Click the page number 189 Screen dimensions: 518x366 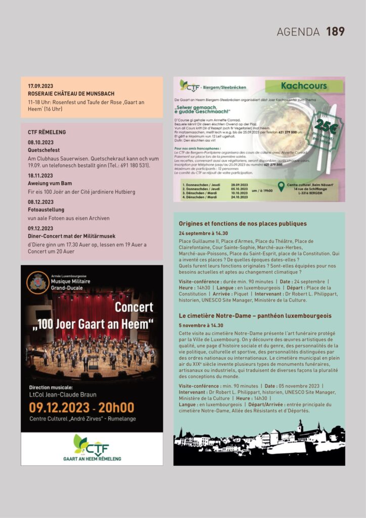pyautogui.click(x=335, y=31)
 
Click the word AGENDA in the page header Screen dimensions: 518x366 pyautogui.click(x=298, y=32)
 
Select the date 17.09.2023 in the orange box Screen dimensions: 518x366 pyautogui.click(x=40, y=86)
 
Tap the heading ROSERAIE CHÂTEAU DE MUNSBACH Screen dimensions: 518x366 pyautogui.click(x=71, y=94)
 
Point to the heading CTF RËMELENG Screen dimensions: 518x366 pyautogui.click(x=47, y=132)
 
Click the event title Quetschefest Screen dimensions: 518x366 pyautogui.click(x=43, y=150)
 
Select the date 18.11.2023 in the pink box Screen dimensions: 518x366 pyautogui.click(x=40, y=176)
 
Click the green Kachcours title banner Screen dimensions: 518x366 pyautogui.click(x=304, y=86)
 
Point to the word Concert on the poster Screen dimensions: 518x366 pyautogui.click(x=134, y=307)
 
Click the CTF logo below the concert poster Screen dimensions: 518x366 pyautogui.click(x=91, y=446)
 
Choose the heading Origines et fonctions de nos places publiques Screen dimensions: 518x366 pyautogui.click(x=243, y=224)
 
